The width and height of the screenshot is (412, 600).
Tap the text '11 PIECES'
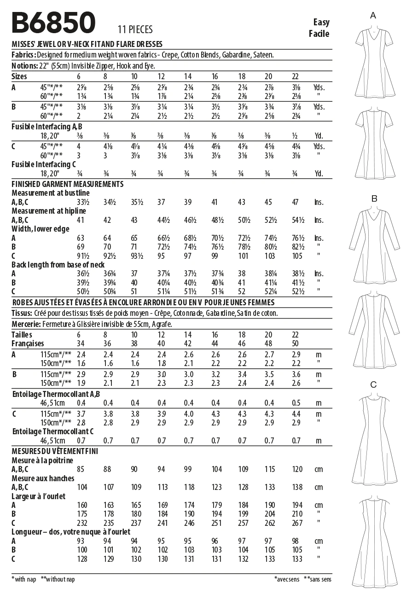[135, 30]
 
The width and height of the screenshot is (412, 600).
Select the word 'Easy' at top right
[321, 22]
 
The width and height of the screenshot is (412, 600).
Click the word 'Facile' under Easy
[319, 33]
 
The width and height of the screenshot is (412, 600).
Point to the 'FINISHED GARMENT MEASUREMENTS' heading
[67, 184]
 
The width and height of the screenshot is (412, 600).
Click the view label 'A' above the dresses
[373, 16]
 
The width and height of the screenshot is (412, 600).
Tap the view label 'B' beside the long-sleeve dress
[374, 198]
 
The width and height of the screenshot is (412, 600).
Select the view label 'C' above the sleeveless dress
[373, 384]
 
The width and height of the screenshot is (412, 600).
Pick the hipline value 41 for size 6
[81, 220]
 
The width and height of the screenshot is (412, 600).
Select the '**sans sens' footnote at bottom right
[318, 579]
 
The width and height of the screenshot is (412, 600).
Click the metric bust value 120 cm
[297, 469]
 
